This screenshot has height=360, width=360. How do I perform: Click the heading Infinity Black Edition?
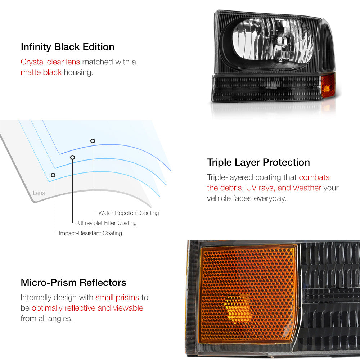pos(68,47)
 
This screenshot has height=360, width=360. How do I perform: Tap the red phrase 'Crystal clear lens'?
pos(50,62)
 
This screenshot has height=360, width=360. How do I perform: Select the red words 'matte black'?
pos(41,72)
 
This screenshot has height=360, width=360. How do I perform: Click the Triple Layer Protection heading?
pos(258,163)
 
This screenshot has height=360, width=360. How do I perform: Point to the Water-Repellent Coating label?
pos(129,213)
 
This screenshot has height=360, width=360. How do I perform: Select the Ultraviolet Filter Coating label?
pos(107,223)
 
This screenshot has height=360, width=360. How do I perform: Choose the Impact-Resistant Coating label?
pos(90,233)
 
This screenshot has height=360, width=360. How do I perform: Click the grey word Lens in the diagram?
pos(39,193)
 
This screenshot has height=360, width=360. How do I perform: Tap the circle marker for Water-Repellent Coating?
pos(93,141)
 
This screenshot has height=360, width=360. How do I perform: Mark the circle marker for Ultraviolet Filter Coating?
pos(73,158)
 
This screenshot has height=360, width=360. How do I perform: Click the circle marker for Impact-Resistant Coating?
pos(53,175)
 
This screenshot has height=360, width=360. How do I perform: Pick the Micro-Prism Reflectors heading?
pos(73,283)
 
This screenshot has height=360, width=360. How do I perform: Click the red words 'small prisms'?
pos(117,298)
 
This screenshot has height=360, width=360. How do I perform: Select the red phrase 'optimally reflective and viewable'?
pos(87,308)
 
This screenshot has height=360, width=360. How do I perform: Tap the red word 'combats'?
pos(314,177)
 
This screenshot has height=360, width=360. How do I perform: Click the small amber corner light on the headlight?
pos(328,85)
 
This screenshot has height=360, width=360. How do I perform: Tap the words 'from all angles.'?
pos(46,319)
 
